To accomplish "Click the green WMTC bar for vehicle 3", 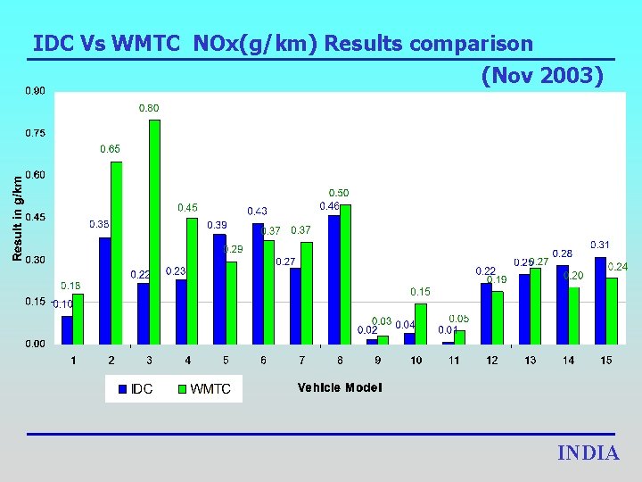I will tap(154, 232).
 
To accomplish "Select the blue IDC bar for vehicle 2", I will tap(105, 291).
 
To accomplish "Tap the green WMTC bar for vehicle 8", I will tap(346, 275).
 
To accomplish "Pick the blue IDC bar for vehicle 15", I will tap(600, 301).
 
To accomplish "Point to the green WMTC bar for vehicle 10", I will tap(421, 324).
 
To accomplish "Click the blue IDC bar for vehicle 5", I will tap(219, 289).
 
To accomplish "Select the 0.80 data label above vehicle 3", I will tap(149, 108).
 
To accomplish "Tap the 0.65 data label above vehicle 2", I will tap(110, 149).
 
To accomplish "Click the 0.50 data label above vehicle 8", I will tap(339, 193).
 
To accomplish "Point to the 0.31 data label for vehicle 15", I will tap(600, 245).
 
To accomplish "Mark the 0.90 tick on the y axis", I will tap(37, 91).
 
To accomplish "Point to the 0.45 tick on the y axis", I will tap(37, 217).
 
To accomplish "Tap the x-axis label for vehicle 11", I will tap(454, 360).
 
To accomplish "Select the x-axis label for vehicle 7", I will tap(301, 360).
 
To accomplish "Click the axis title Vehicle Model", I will tap(340, 387).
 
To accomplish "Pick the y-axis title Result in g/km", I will tap(17, 217).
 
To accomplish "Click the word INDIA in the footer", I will tap(588, 453).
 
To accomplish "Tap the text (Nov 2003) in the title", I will tap(542, 76).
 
